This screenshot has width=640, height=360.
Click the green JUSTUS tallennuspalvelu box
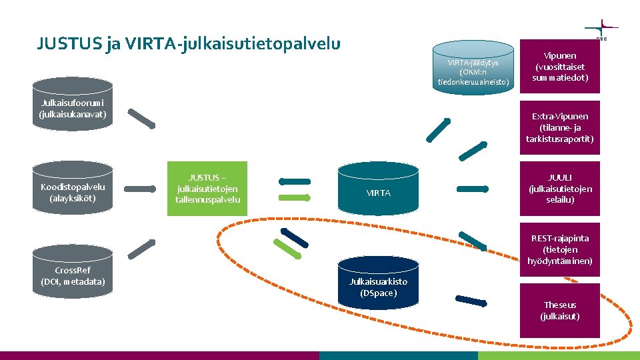(x=207, y=189)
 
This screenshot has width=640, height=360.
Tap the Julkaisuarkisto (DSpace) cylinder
(x=378, y=283)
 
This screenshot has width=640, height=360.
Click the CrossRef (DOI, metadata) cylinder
(x=73, y=272)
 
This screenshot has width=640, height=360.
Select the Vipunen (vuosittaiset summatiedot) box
(x=560, y=67)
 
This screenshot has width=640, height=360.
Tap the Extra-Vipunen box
(x=560, y=127)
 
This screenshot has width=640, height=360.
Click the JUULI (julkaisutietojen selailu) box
(x=560, y=189)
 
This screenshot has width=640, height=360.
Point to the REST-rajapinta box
(x=560, y=249)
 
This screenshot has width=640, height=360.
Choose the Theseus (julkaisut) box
(x=560, y=310)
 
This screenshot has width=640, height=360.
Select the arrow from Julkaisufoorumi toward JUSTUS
(x=141, y=117)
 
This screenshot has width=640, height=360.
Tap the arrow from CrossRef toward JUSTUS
(x=141, y=249)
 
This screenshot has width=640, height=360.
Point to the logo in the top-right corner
(x=601, y=30)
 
